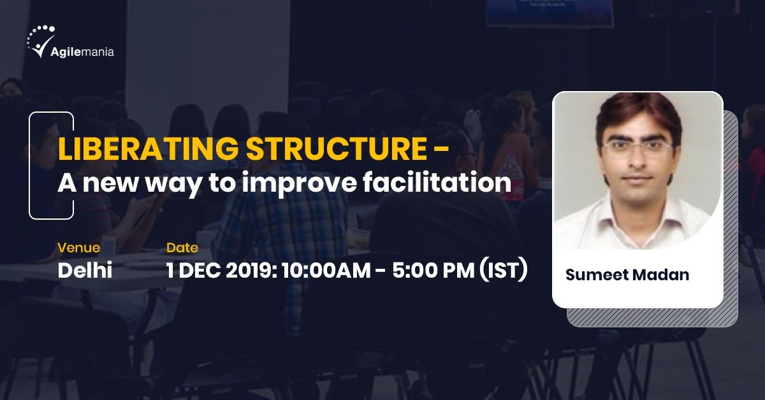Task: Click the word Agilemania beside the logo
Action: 82,52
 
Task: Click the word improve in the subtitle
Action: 299,183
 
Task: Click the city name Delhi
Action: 85,271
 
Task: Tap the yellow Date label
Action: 182,247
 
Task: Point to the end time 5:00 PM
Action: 432,271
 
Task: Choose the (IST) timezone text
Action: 503,271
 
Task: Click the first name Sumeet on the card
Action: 594,275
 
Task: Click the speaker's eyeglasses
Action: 637,148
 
